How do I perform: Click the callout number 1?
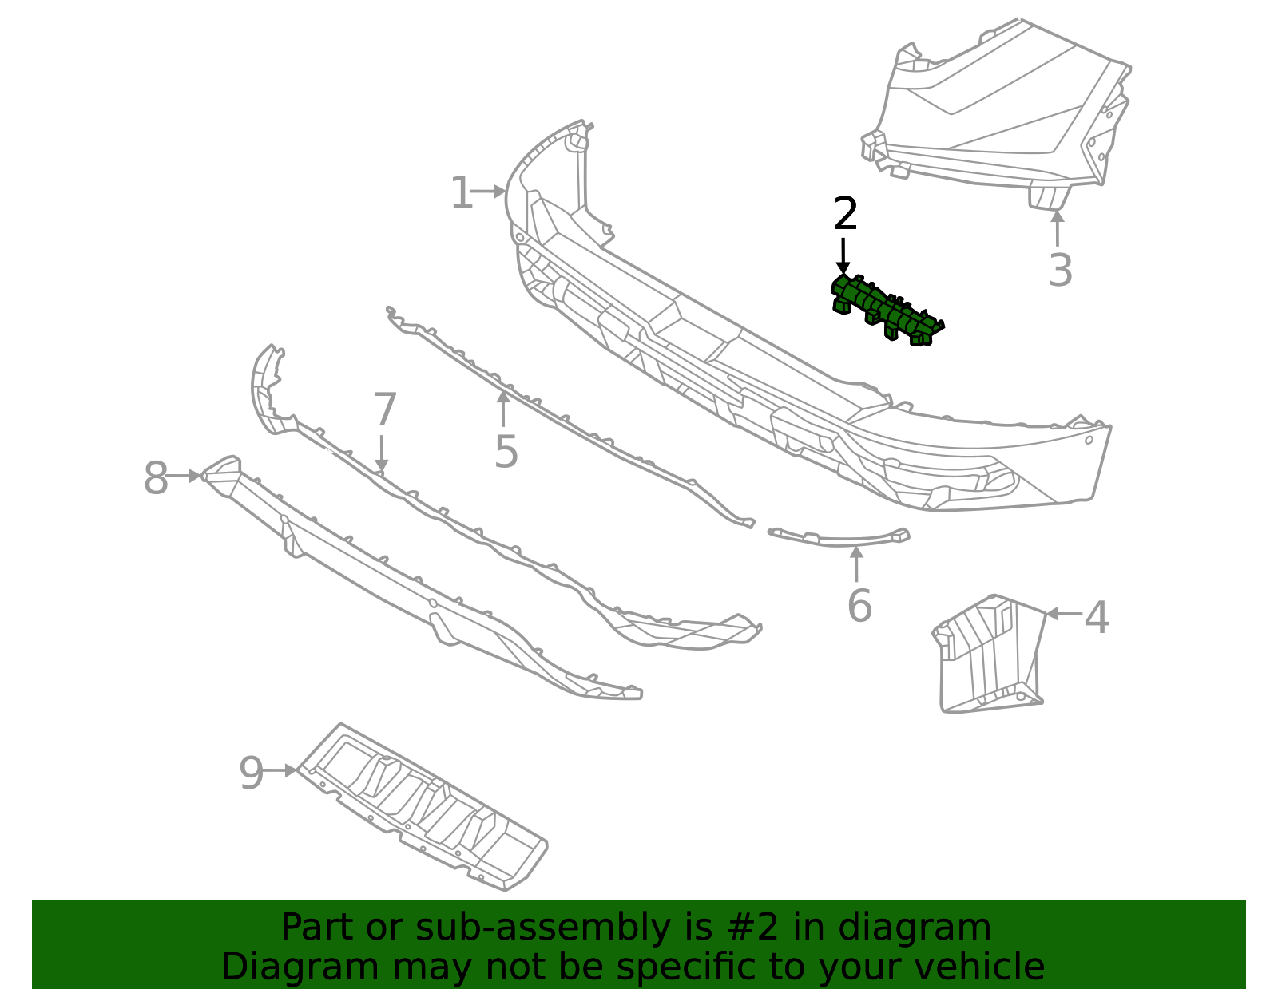[x=461, y=194]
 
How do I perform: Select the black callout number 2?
[x=845, y=215]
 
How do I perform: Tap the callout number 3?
[x=1060, y=271]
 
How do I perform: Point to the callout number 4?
[x=1097, y=618]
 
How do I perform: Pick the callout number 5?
[x=506, y=452]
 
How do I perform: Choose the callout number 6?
[x=859, y=606]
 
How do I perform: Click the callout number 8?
[x=156, y=479]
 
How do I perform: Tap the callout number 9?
[x=251, y=773]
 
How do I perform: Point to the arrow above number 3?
[x=1058, y=227]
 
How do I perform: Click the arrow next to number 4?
[x=1063, y=614]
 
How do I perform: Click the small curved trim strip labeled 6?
[x=839, y=538]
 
